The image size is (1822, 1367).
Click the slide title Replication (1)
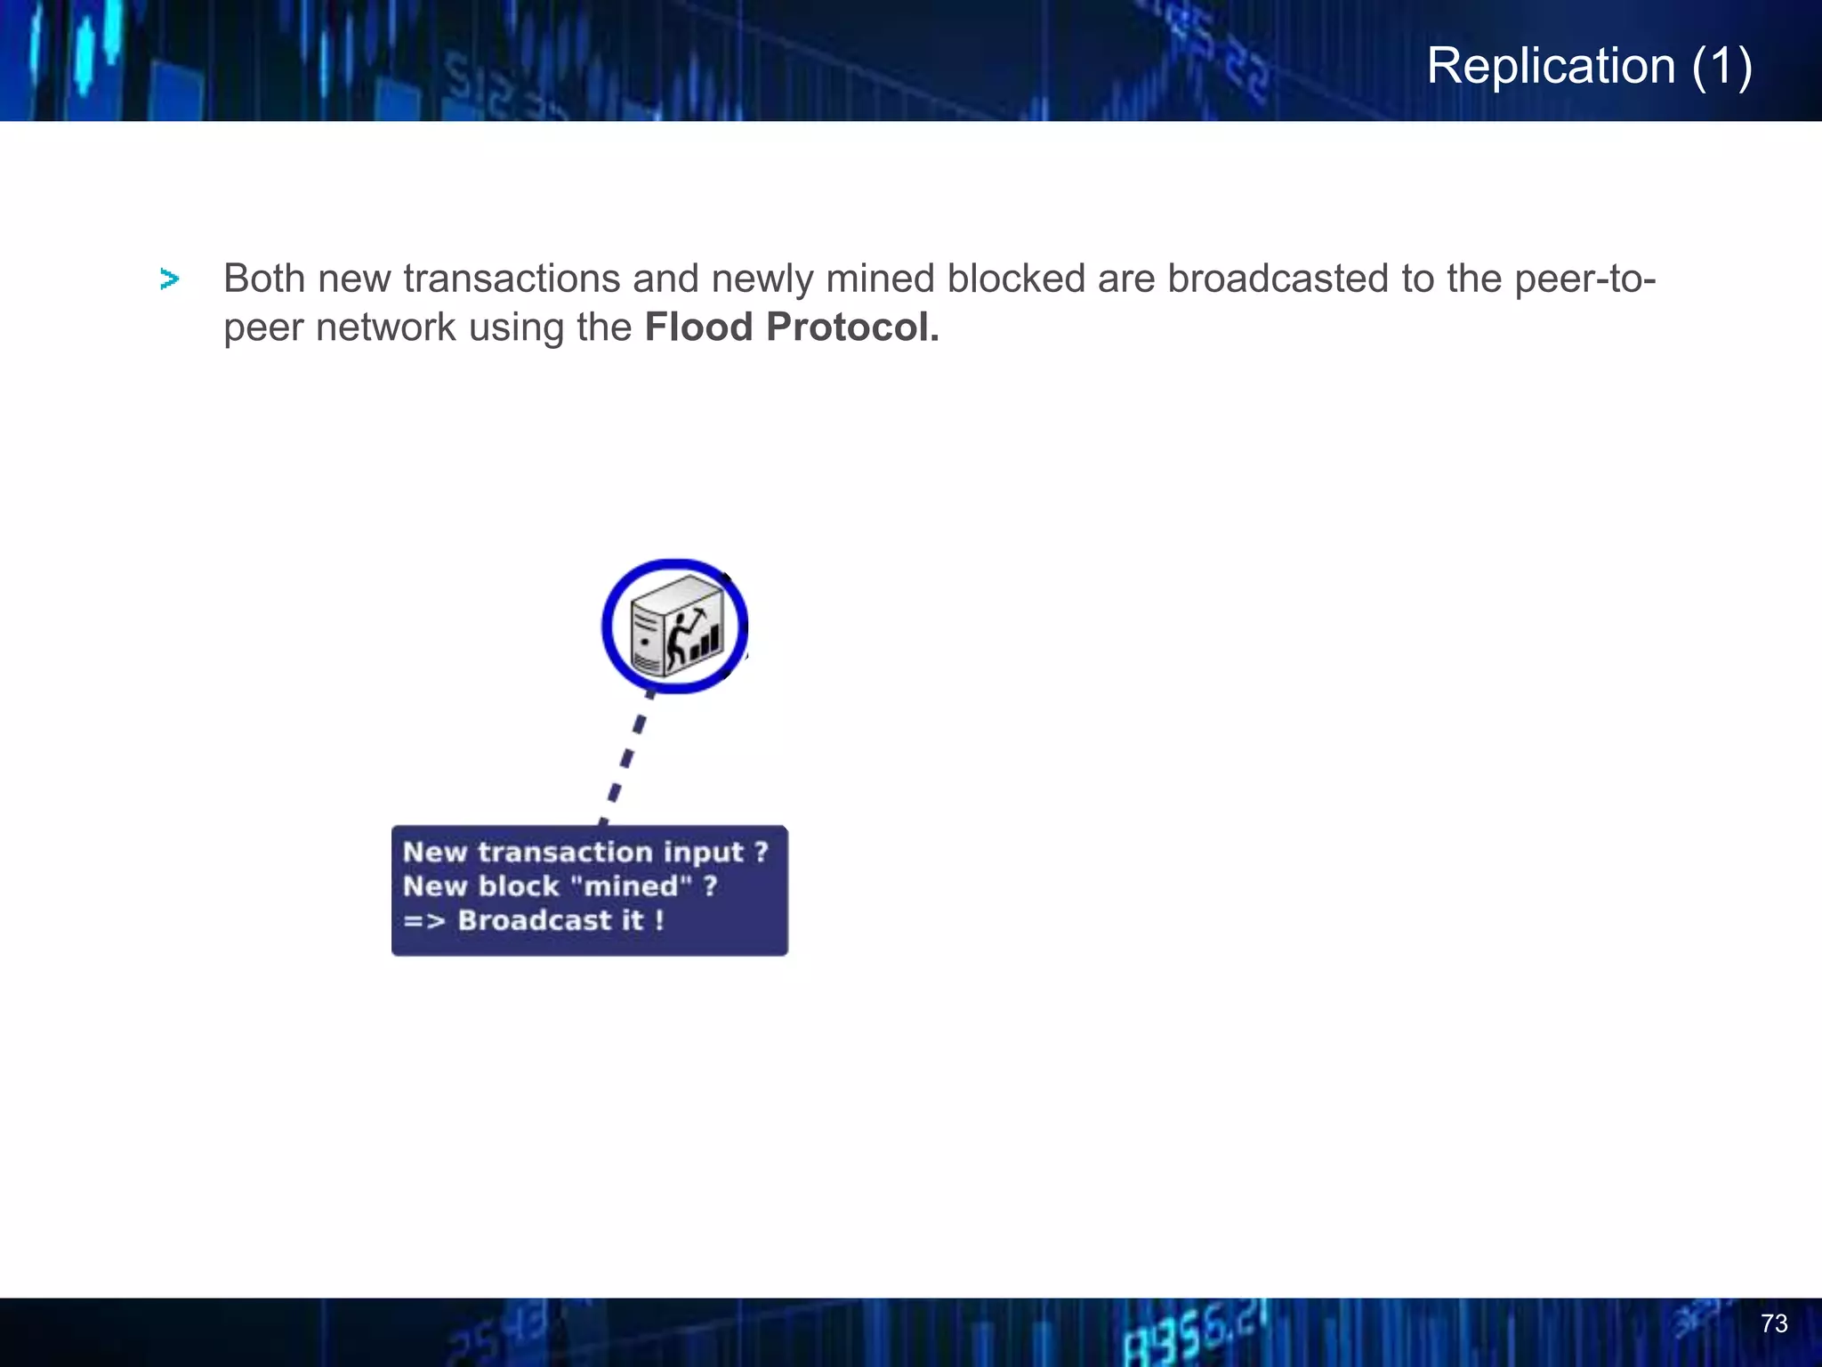pos(1589,66)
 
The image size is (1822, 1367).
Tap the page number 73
pos(1774,1323)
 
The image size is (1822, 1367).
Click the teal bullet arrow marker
pos(169,279)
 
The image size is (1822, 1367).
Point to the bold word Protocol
pos(852,328)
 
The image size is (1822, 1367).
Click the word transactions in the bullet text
pos(511,279)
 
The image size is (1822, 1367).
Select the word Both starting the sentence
pos(264,279)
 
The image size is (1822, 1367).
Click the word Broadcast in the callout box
pos(535,920)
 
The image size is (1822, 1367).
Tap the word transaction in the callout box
pos(565,853)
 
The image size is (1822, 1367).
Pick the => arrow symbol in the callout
pos(423,920)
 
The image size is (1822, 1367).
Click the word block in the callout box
pos(519,886)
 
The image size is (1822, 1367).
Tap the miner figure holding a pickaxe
pos(683,637)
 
